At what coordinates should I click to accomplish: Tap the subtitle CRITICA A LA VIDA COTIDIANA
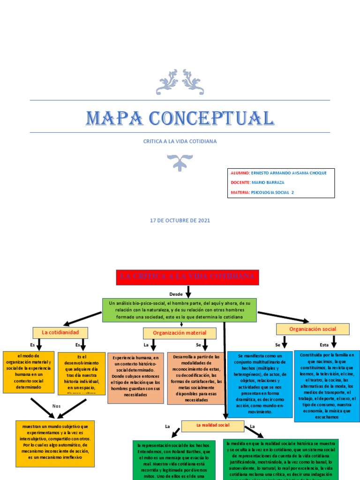(x=180, y=141)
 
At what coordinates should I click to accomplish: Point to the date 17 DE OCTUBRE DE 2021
(x=180, y=220)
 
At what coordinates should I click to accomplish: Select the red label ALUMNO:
(x=240, y=173)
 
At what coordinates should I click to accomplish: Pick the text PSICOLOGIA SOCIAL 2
(x=273, y=192)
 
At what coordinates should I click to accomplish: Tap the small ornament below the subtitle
(x=180, y=162)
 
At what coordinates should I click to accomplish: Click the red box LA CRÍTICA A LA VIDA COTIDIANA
(x=187, y=277)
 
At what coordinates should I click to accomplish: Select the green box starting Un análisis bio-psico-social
(x=180, y=310)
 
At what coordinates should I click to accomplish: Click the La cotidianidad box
(x=60, y=332)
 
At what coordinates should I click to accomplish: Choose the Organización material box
(x=180, y=333)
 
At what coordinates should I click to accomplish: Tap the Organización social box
(x=313, y=329)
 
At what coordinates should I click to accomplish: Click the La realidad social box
(x=213, y=426)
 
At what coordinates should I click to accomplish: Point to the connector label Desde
(x=176, y=294)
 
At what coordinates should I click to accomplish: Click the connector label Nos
(x=56, y=406)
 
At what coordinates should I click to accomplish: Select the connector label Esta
(x=324, y=345)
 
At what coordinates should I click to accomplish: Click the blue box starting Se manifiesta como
(x=260, y=384)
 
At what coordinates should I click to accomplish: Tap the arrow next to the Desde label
(x=188, y=292)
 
